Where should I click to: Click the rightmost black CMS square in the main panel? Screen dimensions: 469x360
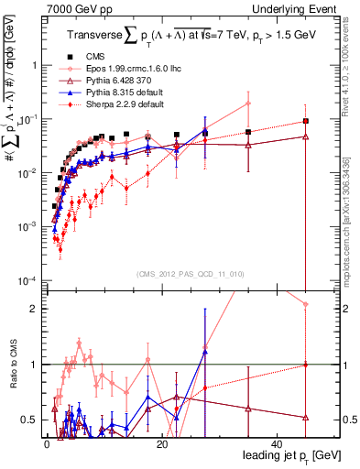[305, 121]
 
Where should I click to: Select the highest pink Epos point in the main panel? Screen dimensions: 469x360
[247, 104]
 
